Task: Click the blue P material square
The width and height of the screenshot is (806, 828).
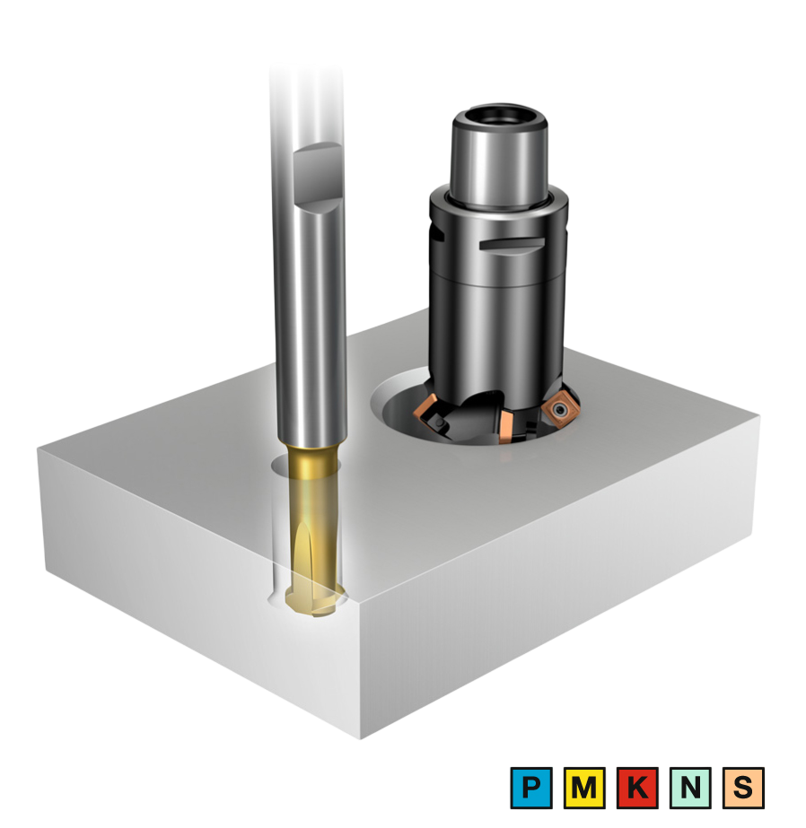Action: (530, 788)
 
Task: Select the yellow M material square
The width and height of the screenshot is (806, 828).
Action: (584, 788)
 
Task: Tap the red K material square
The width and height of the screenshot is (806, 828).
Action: (637, 788)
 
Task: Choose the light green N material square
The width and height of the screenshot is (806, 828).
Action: (690, 788)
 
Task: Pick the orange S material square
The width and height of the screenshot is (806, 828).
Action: (743, 788)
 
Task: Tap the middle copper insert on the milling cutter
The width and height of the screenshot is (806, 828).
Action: (505, 427)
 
